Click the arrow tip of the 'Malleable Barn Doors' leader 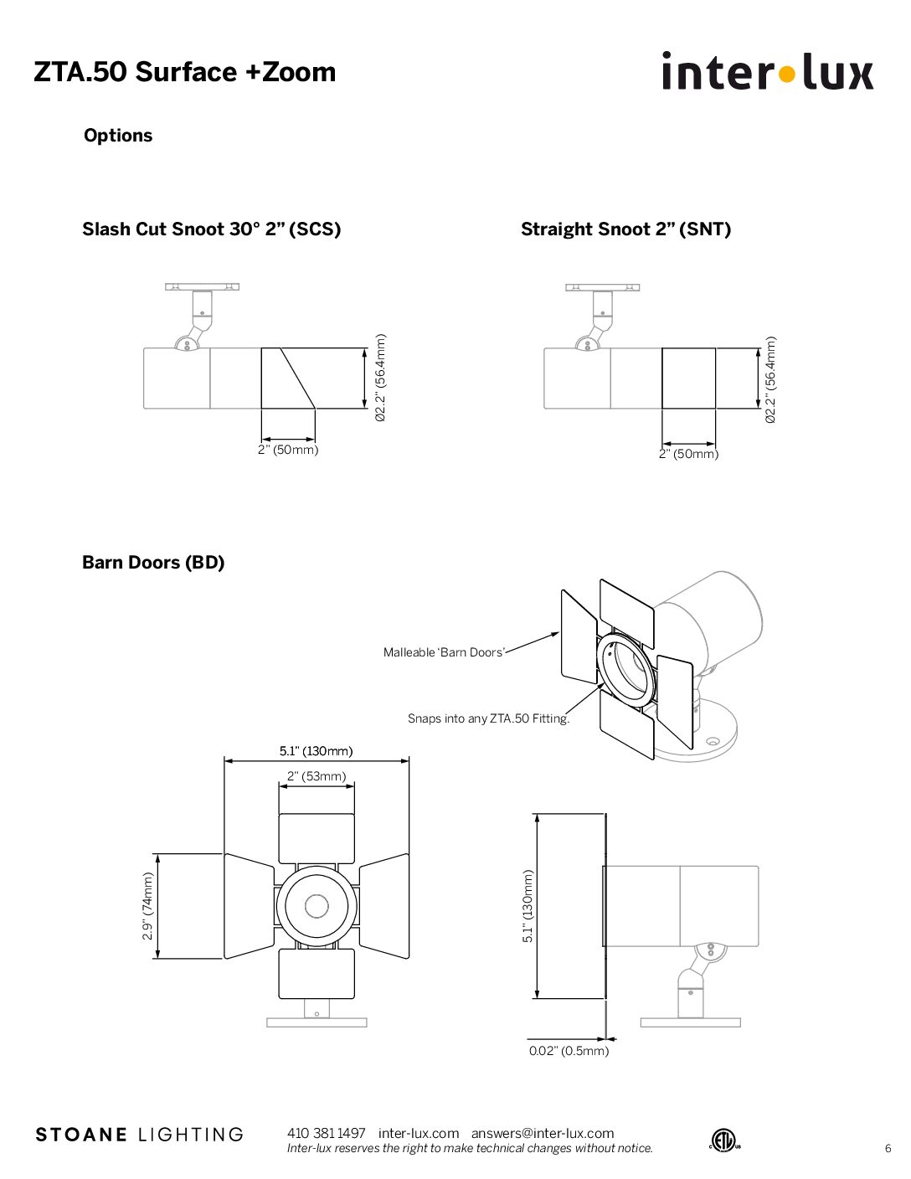click(558, 633)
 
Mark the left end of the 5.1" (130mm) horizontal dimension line click(224, 761)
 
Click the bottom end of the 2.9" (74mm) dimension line click(157, 959)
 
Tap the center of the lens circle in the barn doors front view click(317, 905)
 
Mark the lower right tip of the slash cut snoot click(315, 408)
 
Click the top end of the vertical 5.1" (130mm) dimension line click(537, 814)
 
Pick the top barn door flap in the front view click(317, 839)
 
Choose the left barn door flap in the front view click(249, 906)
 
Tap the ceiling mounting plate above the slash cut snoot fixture click(203, 286)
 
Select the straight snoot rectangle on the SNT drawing click(688, 378)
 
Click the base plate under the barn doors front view click(317, 1022)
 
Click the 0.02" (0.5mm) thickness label click(569, 1050)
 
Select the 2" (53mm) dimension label click(317, 776)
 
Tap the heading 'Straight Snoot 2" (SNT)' click(625, 229)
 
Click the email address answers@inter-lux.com click(543, 1133)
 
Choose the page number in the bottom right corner click(888, 1148)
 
